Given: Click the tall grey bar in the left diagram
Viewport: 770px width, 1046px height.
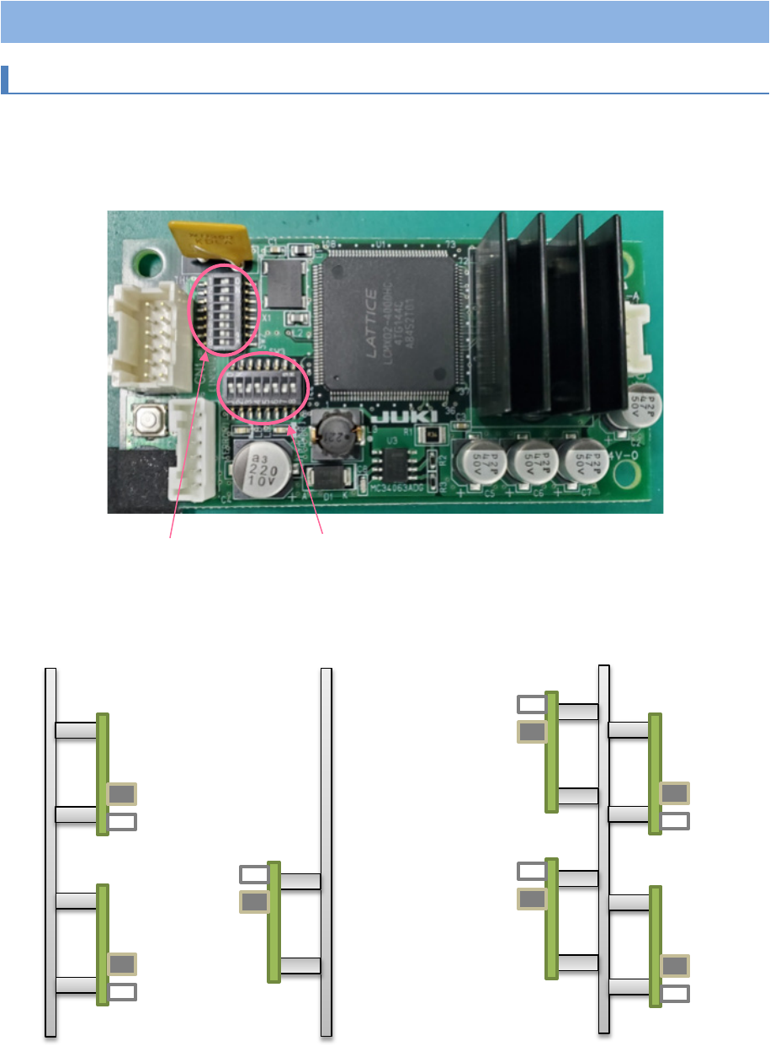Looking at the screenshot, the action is pos(50,851).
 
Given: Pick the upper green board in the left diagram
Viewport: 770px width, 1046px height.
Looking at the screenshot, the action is pos(103,774).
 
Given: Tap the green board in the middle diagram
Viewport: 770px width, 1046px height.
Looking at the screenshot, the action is pos(273,921).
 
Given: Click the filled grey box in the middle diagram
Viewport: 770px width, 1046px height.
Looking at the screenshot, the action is pos(254,902).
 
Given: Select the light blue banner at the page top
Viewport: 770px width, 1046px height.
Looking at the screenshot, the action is pos(385,21).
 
